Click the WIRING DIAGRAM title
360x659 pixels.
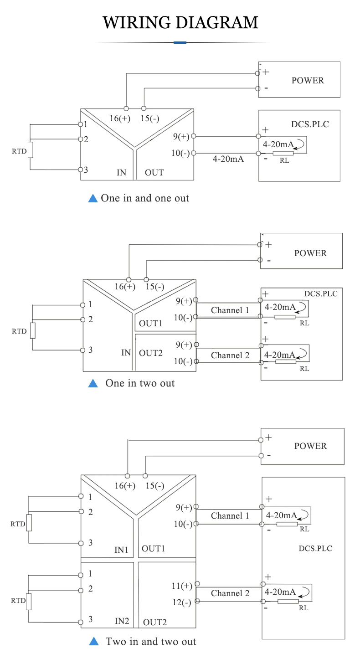(x=180, y=22)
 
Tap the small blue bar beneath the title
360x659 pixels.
(x=180, y=42)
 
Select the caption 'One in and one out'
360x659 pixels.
(x=145, y=198)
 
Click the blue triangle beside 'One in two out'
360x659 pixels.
(x=93, y=383)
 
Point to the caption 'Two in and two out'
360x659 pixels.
(x=151, y=642)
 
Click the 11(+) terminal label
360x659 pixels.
(x=181, y=586)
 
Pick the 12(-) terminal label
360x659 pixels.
(x=181, y=602)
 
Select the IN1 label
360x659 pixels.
(x=121, y=550)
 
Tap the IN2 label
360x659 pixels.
(x=122, y=621)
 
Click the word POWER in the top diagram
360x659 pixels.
(x=308, y=81)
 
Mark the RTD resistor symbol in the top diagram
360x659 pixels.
(x=31, y=150)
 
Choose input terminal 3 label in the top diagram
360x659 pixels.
(x=86, y=170)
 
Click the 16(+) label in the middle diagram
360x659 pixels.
(x=125, y=287)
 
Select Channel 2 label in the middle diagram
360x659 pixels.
(x=230, y=355)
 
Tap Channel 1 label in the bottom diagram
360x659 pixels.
(x=230, y=516)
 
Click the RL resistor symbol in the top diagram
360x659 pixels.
(x=280, y=154)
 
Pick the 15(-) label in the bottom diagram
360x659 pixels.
(x=155, y=486)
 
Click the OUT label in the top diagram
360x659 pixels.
(x=154, y=173)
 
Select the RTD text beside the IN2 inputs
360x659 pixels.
(x=18, y=601)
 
